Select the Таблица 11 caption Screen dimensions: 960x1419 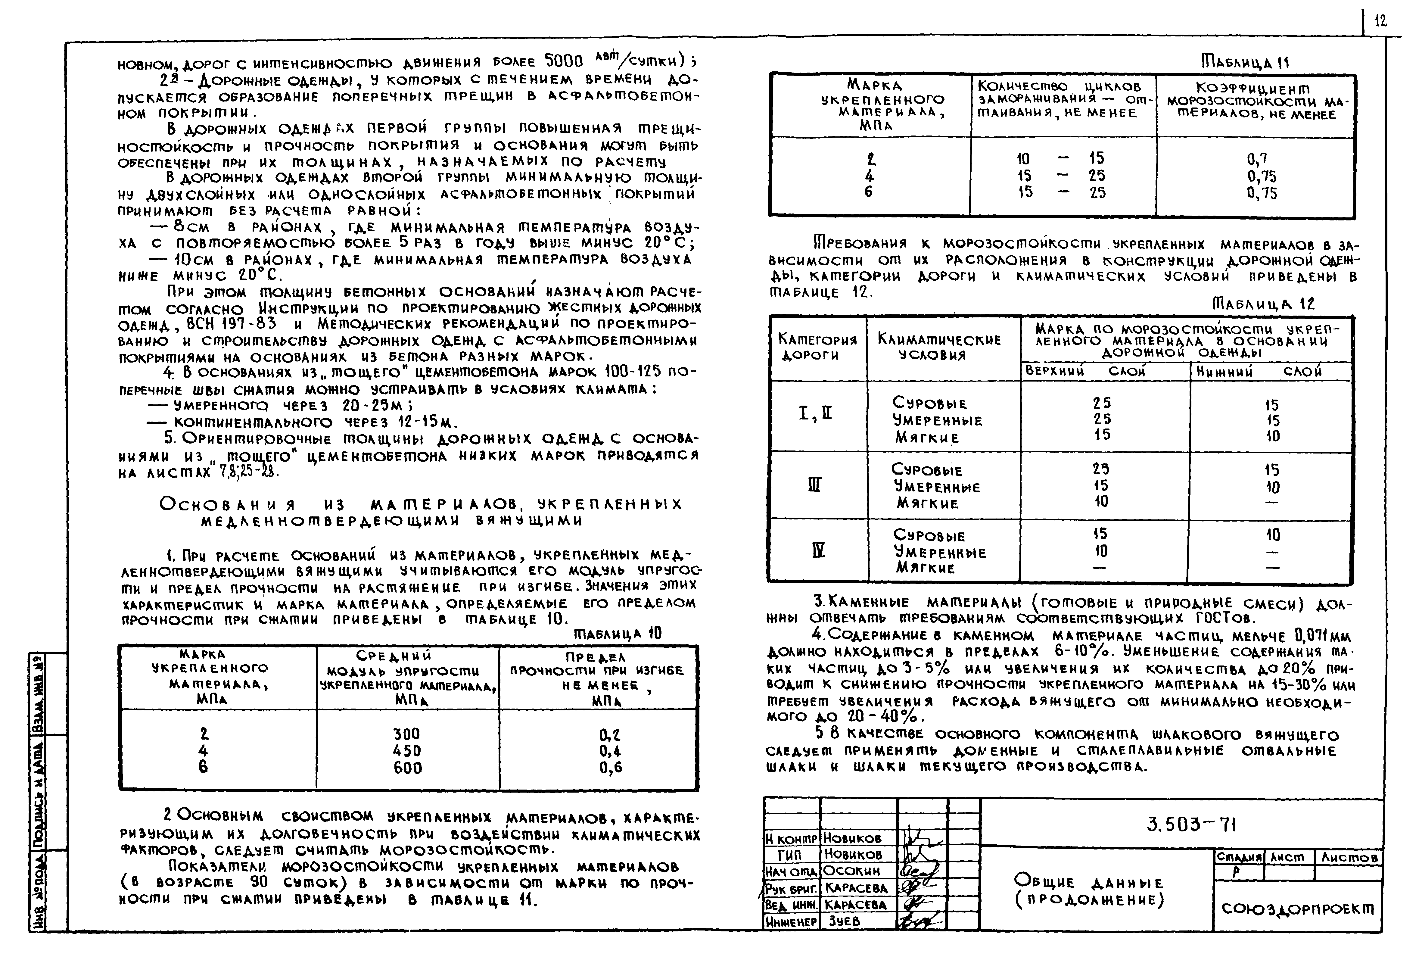(1245, 63)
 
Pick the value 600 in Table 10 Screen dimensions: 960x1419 (407, 768)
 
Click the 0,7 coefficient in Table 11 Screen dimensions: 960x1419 (1257, 159)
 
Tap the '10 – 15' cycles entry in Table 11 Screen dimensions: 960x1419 (1061, 159)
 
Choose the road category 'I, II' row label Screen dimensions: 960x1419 (815, 415)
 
